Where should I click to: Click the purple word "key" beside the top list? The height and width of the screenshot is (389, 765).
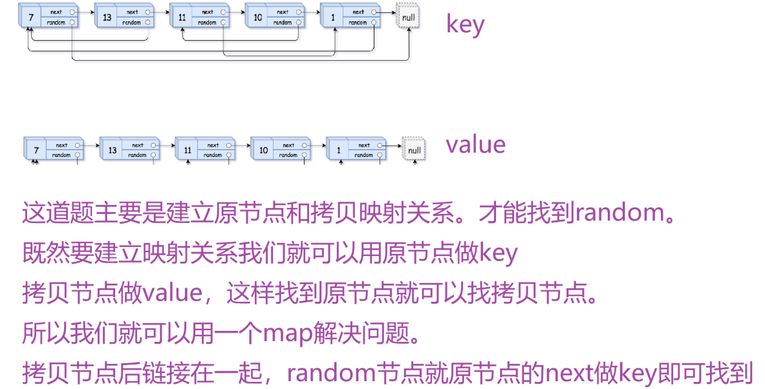click(x=465, y=25)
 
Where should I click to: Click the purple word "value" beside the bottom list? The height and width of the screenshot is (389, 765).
click(x=475, y=144)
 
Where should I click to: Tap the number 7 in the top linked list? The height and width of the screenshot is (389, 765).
click(x=30, y=17)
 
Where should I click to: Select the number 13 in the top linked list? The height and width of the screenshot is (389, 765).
click(x=107, y=17)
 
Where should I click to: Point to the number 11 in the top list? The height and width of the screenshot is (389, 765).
click(x=182, y=17)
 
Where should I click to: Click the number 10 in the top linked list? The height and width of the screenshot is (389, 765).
click(x=257, y=17)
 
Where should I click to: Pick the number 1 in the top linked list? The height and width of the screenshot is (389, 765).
click(x=333, y=17)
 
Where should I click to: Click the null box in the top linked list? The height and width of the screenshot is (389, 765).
click(x=408, y=17)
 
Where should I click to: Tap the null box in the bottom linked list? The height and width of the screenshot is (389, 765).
click(x=414, y=151)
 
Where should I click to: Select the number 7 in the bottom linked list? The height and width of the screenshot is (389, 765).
click(x=36, y=151)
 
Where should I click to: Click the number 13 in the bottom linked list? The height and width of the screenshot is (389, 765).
click(x=113, y=151)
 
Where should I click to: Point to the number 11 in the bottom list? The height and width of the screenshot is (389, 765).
click(x=188, y=151)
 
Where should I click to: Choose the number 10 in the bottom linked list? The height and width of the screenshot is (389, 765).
click(x=263, y=151)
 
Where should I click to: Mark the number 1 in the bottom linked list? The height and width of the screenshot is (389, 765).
click(x=338, y=151)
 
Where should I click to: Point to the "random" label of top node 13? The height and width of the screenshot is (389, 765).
click(x=131, y=23)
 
